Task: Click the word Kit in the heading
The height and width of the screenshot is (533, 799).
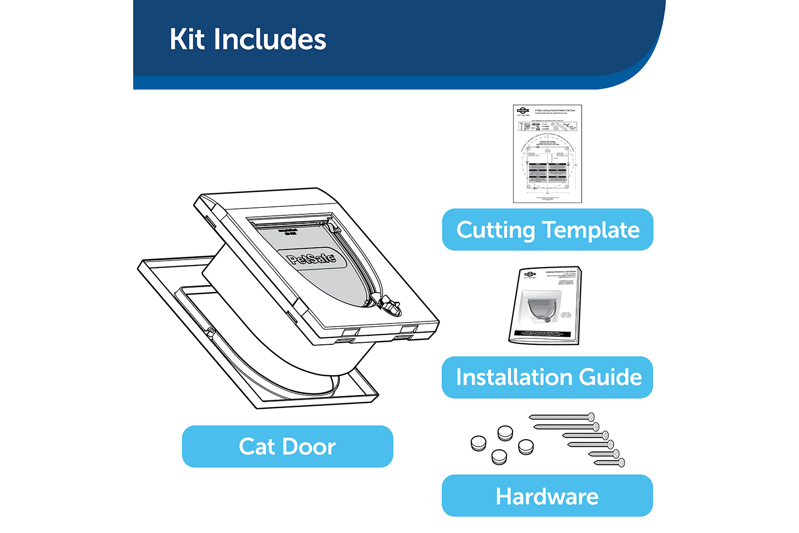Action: click(x=187, y=39)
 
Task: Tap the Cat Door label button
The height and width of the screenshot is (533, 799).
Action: click(x=287, y=447)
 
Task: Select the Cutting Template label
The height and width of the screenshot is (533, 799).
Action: click(x=548, y=230)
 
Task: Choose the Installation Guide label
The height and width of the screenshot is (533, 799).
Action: click(x=548, y=377)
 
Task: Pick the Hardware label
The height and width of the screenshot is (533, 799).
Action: click(x=548, y=496)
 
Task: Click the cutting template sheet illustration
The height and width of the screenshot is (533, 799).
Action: click(x=548, y=154)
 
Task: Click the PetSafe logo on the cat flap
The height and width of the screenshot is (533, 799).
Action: click(x=312, y=259)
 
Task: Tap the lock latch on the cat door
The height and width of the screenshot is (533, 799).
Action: click(x=389, y=306)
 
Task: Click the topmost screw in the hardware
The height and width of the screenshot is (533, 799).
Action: click(x=561, y=417)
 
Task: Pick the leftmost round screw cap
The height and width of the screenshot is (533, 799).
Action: click(x=479, y=443)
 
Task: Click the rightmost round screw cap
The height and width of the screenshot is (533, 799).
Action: click(x=526, y=447)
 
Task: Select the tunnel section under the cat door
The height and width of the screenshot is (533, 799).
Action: click(x=277, y=330)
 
